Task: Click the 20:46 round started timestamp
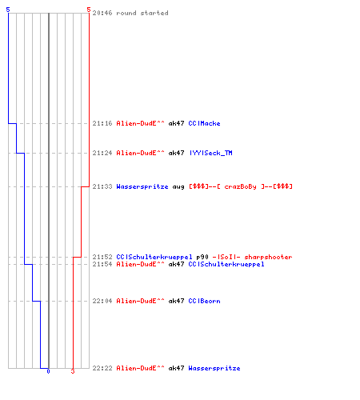coord(102,13)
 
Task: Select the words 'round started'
coord(142,13)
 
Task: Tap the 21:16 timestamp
coord(102,123)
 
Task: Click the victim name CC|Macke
coord(204,123)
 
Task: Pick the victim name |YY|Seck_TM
coord(210,153)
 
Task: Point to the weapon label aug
coord(178,186)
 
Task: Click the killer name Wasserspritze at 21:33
coord(142,186)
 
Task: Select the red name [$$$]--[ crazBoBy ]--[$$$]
coord(241,186)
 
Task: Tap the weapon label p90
coord(202,257)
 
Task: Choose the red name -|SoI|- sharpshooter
coord(252,257)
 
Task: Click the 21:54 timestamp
coord(102,264)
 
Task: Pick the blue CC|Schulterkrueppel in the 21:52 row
coord(154,257)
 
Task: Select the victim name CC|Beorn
coord(204,301)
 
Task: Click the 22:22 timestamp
coord(102,368)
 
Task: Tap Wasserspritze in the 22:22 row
coord(214,368)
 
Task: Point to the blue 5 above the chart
coord(8,10)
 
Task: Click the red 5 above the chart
coord(89,10)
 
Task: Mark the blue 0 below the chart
coord(48,371)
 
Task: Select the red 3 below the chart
coord(73,371)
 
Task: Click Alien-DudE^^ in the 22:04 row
coord(140,301)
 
